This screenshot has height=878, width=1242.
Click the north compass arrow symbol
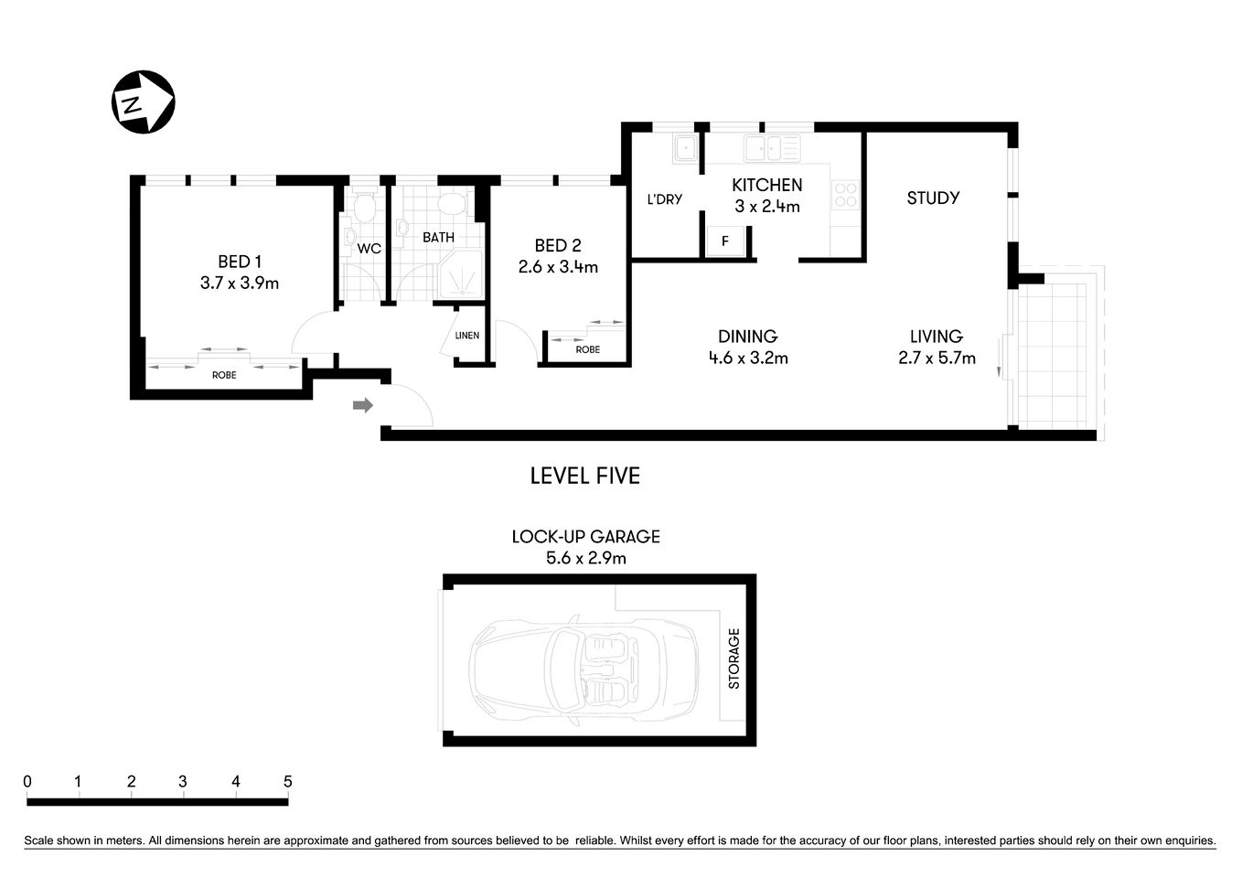point(142,102)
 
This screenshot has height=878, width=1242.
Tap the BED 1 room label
point(240,262)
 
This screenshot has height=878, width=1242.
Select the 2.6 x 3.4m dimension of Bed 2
point(558,267)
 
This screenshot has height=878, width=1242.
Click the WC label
point(369,249)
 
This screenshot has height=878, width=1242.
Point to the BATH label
point(438,238)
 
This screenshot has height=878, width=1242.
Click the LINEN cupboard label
point(467,336)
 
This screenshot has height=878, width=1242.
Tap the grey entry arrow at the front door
point(363,405)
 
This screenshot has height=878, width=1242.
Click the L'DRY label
point(664,199)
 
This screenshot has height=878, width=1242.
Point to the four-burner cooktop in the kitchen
point(845,194)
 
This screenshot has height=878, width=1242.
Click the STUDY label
point(933,198)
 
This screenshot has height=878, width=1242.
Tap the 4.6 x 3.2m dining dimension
point(748,359)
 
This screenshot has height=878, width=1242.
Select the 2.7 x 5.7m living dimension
point(937,359)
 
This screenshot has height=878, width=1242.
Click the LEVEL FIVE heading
point(585,476)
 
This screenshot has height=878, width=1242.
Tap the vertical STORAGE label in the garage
point(733,658)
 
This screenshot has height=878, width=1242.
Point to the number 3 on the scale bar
point(183,782)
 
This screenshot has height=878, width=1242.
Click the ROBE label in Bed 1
point(224,375)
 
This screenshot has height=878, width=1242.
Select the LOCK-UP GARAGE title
point(585,537)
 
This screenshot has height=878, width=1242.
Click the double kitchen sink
point(771,147)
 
